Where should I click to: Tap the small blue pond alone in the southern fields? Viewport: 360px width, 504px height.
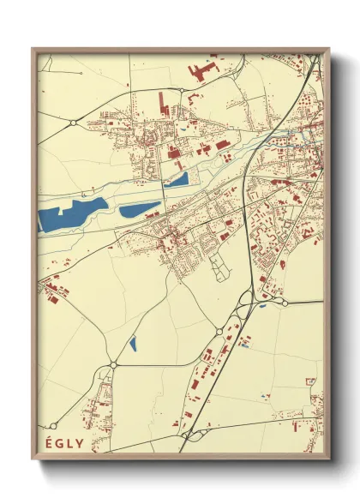(133, 345)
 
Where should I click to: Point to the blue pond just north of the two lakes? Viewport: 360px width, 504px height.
(177, 180)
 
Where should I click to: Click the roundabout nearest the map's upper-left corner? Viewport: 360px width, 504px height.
(75, 123)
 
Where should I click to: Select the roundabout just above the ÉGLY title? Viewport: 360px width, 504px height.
(112, 365)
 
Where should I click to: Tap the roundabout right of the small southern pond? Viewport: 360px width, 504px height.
(219, 331)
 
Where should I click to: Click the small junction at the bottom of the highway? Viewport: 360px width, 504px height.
(183, 436)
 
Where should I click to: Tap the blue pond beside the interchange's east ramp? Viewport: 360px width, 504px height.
(263, 306)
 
